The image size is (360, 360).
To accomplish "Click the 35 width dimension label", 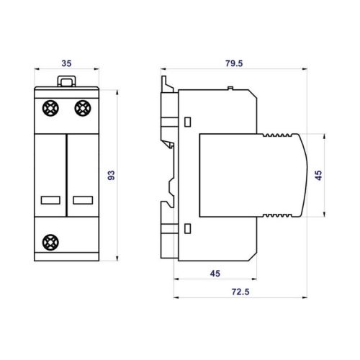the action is [x=66, y=63].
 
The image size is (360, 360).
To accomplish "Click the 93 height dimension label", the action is [x=112, y=176].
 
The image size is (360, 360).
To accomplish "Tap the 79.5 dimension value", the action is [x=234, y=63].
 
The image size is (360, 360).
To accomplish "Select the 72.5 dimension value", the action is [x=240, y=292].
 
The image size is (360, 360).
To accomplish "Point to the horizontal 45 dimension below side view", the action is [x=215, y=274].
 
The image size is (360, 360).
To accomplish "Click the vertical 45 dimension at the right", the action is [x=318, y=176].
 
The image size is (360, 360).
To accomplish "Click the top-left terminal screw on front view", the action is [x=50, y=108].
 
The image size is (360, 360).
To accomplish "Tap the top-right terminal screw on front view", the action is [x=83, y=108].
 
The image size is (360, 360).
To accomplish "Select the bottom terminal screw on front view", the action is [x=50, y=242].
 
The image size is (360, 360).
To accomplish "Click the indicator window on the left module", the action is [x=50, y=200].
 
